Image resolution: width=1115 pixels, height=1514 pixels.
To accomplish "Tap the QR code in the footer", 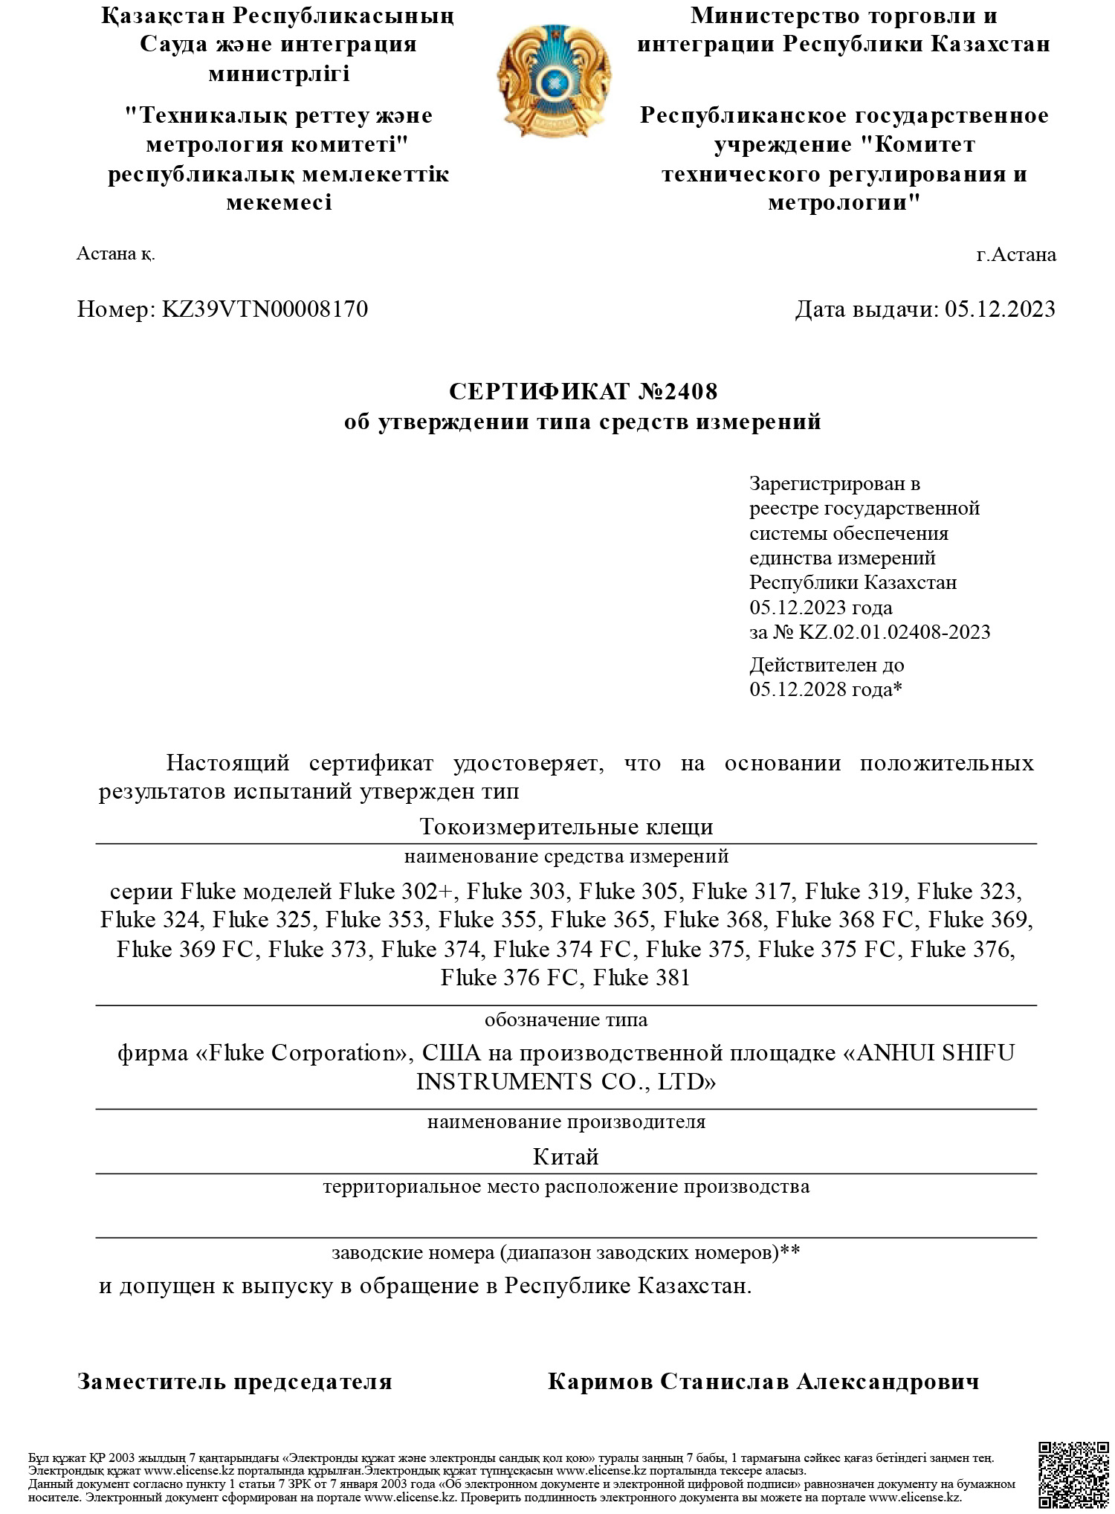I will click(1071, 1474).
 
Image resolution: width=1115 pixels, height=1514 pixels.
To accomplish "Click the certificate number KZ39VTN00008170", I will click(265, 309).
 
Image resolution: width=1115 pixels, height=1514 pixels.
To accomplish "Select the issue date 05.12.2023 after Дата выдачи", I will click(1000, 309).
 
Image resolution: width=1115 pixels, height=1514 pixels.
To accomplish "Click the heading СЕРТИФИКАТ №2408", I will click(583, 390).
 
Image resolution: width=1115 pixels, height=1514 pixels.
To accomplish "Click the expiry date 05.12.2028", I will click(799, 689).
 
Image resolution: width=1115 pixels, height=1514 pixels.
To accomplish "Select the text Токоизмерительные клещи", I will click(566, 826).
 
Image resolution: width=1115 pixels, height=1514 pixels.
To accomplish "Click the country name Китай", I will click(566, 1156).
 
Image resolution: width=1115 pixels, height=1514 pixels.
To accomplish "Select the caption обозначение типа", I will click(566, 1019).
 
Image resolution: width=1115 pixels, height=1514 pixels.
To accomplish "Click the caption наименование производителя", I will click(566, 1121).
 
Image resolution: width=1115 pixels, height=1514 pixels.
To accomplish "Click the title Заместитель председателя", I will click(234, 1382).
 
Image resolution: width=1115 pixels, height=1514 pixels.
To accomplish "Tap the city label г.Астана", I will click(1015, 254).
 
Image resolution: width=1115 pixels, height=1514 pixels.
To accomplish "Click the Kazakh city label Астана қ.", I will click(116, 254).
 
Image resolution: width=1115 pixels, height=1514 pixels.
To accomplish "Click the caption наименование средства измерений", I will click(566, 856).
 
